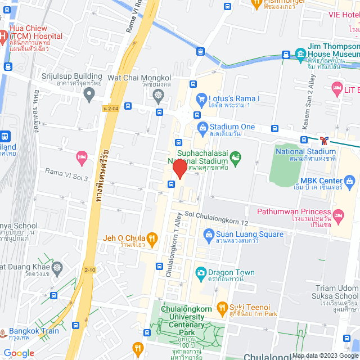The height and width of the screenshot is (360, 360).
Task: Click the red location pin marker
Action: click(x=179, y=169)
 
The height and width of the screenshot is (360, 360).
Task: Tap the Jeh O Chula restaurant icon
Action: click(x=151, y=237)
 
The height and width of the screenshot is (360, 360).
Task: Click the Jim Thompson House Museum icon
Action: click(x=300, y=54)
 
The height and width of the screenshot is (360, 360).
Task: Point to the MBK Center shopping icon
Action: click(x=349, y=181)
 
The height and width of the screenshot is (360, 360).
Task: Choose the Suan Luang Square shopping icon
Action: click(x=208, y=233)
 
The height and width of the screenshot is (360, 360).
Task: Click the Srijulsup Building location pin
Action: click(x=88, y=94)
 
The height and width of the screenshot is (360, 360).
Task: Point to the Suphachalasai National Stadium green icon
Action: click(x=236, y=157)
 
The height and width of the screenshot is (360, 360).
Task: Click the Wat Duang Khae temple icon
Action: click(x=57, y=267)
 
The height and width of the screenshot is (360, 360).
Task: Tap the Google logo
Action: click(x=19, y=353)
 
